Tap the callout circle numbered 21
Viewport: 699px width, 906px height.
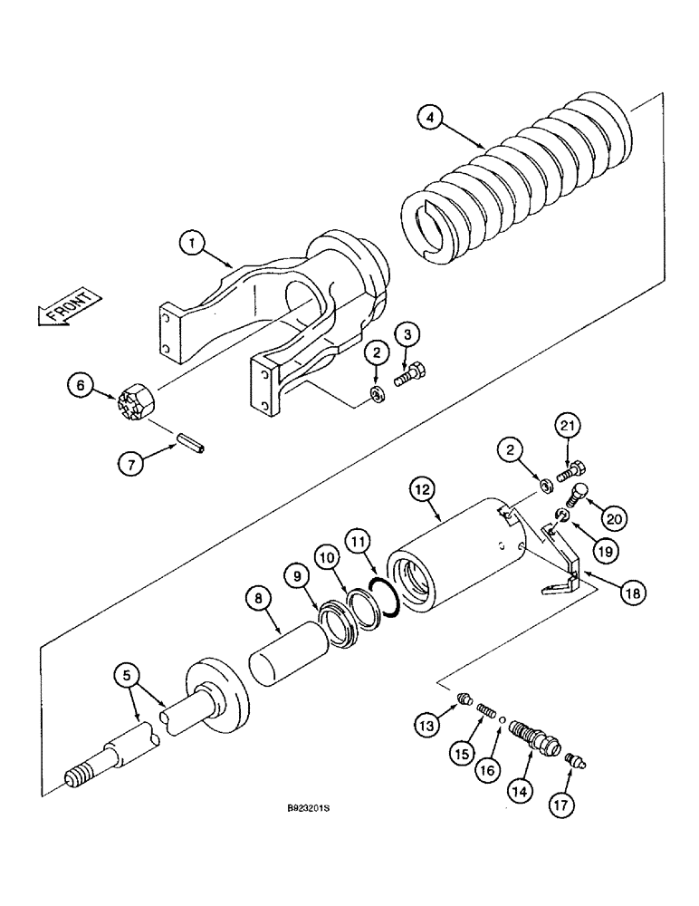pos(567,426)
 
